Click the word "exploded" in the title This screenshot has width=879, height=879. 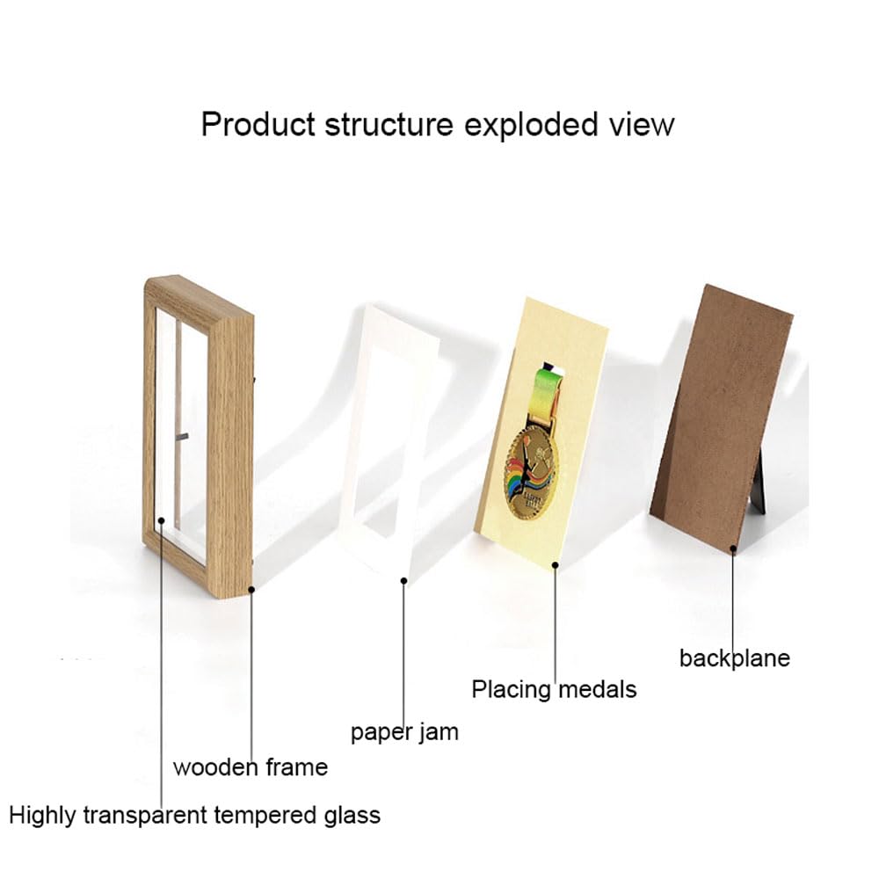click(532, 125)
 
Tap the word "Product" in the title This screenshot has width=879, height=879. click(258, 125)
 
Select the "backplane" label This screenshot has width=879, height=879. click(734, 658)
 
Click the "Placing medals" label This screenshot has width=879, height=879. click(554, 689)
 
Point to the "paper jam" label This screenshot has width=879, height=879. click(404, 732)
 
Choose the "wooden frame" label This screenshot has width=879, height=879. click(250, 766)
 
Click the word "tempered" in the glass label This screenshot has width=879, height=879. click(265, 815)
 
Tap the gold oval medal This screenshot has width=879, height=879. click(531, 471)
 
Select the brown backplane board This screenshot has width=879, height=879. click(722, 418)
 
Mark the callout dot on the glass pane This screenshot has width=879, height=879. click(162, 520)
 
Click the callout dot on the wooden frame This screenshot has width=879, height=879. click(251, 589)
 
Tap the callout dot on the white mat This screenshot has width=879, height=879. click(403, 581)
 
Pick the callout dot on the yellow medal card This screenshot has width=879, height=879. click(555, 565)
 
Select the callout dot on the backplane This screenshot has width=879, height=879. click(733, 549)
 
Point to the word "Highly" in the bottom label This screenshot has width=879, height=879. click(42, 815)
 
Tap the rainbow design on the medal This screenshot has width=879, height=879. click(533, 481)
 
